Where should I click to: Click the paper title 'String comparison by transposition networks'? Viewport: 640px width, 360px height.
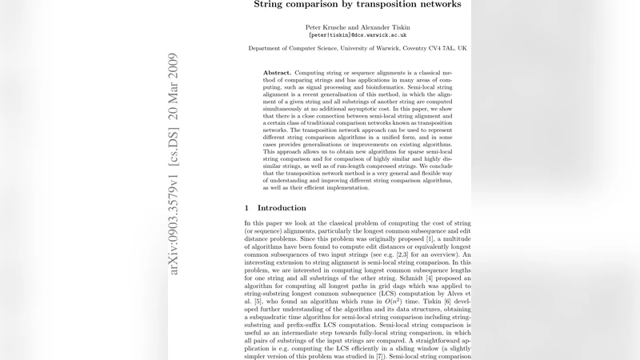pos(358,4)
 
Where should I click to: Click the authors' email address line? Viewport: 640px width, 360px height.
pos(358,35)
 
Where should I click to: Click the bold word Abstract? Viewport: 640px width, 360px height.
pos(277,73)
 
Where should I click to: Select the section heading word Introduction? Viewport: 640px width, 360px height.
pos(282,208)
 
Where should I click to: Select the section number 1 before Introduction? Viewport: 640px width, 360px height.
pos(247,208)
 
